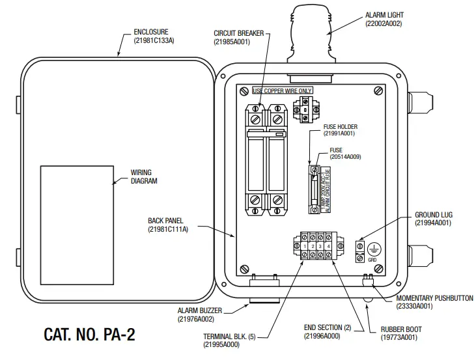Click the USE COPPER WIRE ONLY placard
(x=282, y=90)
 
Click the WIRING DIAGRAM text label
(x=144, y=177)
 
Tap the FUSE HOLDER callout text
(x=340, y=127)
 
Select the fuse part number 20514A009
(x=345, y=157)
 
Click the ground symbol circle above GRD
(x=373, y=249)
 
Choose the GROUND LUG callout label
(x=433, y=215)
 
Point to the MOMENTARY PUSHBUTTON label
(x=434, y=298)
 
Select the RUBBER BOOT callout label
(x=399, y=330)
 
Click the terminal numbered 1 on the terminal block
(x=303, y=246)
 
